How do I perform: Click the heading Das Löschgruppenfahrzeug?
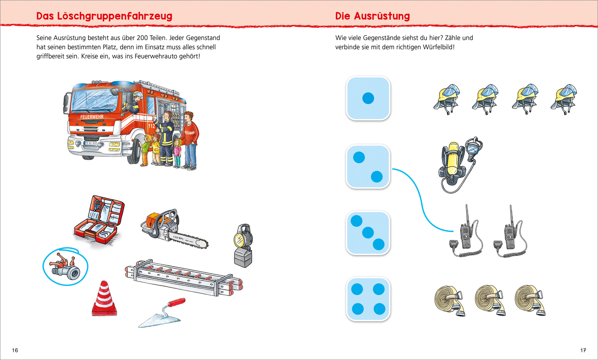(x=104, y=16)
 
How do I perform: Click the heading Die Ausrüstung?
(x=372, y=16)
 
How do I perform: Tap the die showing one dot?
(x=368, y=98)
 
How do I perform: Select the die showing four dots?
(x=368, y=299)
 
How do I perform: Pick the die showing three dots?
(x=368, y=233)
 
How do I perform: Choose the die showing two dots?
(x=368, y=166)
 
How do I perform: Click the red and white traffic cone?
(x=104, y=299)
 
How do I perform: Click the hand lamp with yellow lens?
(x=243, y=246)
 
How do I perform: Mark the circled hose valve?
(x=66, y=266)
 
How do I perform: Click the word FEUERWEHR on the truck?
(x=92, y=117)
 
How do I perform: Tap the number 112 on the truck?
(x=152, y=126)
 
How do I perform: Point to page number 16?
(x=15, y=350)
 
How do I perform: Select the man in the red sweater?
(x=189, y=139)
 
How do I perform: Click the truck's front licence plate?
(x=90, y=143)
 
